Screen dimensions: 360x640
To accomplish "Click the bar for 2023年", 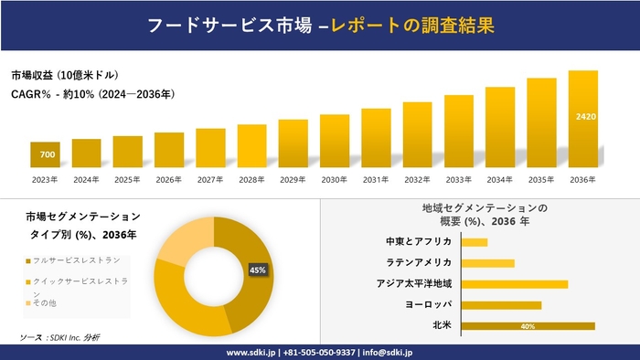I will click(45, 155).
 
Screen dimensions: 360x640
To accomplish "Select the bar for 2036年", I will click(583, 119).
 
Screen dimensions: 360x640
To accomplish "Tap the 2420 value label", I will click(585, 117).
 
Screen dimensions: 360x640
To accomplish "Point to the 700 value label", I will click(47, 154).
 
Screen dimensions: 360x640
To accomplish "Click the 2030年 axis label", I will click(335, 179).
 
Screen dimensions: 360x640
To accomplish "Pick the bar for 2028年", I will click(251, 146).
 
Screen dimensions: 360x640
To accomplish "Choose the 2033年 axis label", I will click(459, 179).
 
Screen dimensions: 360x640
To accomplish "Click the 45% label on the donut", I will click(257, 270).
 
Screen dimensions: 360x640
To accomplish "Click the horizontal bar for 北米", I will click(528, 326).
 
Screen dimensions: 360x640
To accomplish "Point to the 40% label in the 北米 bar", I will click(528, 326).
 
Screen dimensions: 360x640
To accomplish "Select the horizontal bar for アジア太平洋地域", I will click(514, 284).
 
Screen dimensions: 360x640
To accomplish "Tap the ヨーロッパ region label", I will click(426, 305).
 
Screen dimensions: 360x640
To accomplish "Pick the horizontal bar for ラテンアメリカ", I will click(487, 263).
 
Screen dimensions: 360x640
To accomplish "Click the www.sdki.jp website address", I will click(252, 352).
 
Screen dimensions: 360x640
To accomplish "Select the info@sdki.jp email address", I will click(388, 352).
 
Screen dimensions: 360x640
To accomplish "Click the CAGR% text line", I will click(92, 94).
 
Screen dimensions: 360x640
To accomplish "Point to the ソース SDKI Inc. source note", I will click(59, 338).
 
